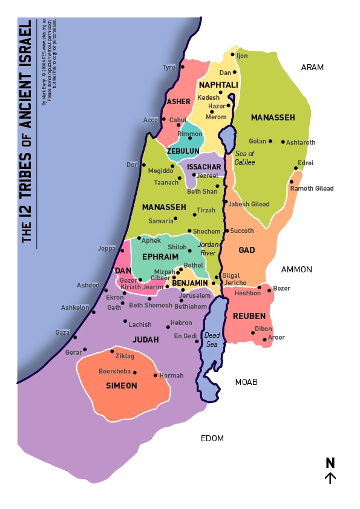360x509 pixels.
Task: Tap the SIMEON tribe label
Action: tap(122, 386)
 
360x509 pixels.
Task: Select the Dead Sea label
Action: tap(212, 340)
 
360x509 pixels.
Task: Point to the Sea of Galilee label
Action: tap(245, 158)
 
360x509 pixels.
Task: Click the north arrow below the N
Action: tap(330, 478)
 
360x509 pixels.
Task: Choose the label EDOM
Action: tap(212, 438)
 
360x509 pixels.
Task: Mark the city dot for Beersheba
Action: tap(135, 373)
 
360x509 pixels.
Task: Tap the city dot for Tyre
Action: tap(182, 67)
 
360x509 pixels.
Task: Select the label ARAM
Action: tap(312, 67)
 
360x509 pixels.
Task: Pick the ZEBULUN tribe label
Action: tap(183, 151)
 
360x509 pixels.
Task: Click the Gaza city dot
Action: tap(75, 337)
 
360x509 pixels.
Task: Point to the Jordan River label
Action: tap(208, 249)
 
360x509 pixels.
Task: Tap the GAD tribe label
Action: tap(246, 250)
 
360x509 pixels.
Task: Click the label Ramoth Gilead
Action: tap(312, 188)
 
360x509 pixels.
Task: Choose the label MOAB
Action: tap(246, 382)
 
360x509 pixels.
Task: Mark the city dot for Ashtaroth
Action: tap(283, 142)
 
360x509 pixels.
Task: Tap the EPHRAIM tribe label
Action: tap(160, 257)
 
